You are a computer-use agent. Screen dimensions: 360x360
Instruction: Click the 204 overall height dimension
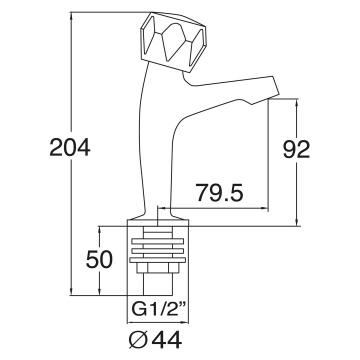[x=70, y=147]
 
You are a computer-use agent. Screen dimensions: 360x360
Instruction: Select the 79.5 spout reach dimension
[x=220, y=192]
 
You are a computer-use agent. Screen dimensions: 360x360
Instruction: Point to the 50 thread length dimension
[x=99, y=260]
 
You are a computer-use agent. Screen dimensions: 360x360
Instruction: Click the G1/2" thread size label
[x=158, y=310]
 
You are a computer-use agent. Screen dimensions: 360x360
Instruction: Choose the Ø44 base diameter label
[x=156, y=340]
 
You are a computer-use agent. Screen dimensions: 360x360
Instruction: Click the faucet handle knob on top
[x=174, y=42]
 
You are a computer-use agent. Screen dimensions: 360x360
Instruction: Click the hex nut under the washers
[x=158, y=267]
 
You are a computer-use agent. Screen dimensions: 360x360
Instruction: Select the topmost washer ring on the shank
[x=158, y=241]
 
